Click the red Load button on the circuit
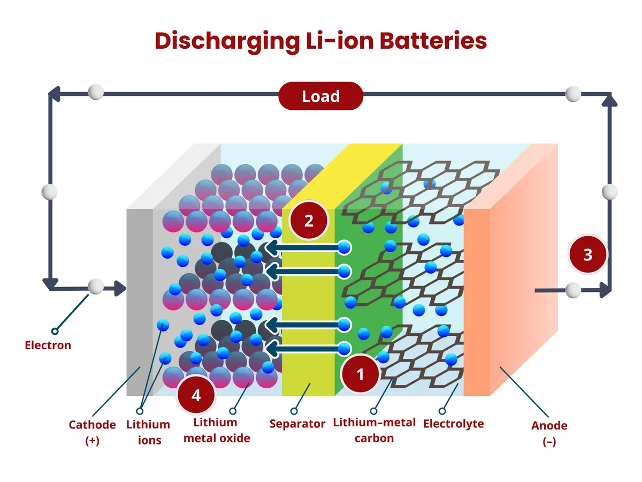321,96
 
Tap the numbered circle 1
360,374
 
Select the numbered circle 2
309,221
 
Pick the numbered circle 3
587,255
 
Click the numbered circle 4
196,396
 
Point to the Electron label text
48,345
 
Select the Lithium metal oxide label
216,431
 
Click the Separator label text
297,424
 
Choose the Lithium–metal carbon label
374,430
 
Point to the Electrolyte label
453,424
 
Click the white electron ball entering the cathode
96,287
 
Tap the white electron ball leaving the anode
573,290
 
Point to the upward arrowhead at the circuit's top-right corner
609,99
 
